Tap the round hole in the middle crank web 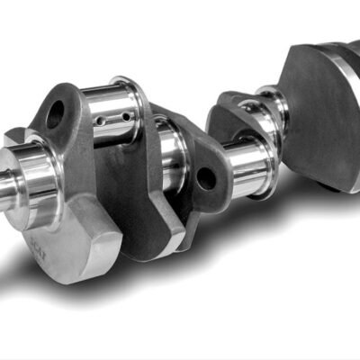pyautogui.click(x=206, y=177)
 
